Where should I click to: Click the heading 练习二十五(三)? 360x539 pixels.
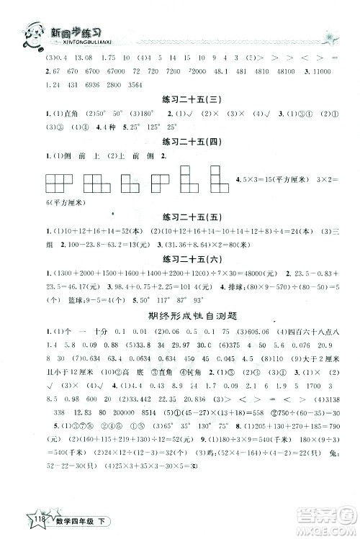tap(179, 101)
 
